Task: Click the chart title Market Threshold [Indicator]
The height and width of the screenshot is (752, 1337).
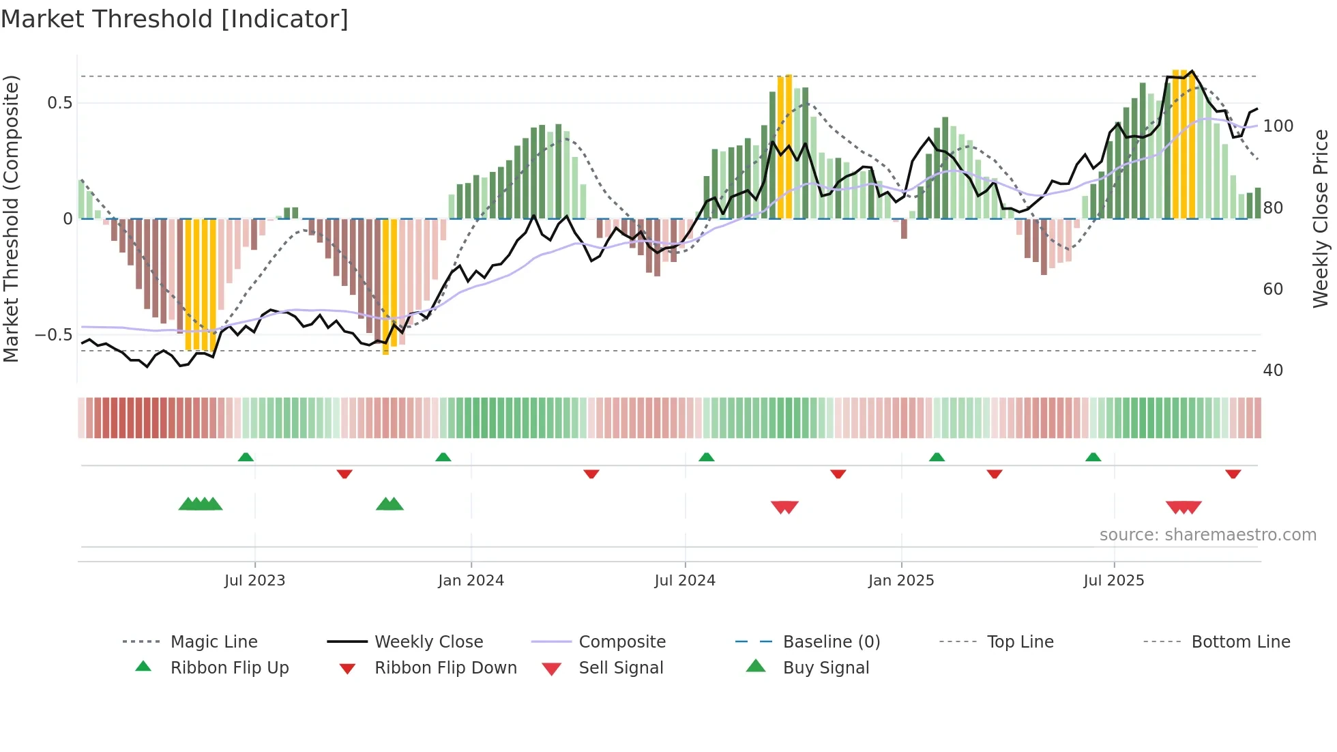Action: (175, 19)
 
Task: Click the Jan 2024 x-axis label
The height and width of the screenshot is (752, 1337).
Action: (471, 581)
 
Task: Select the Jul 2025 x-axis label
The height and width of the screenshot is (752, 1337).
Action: (1113, 581)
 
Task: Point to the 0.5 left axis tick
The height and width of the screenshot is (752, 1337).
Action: (59, 103)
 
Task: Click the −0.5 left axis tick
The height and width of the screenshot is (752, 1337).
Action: (54, 335)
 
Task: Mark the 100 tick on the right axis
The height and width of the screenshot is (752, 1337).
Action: (1278, 126)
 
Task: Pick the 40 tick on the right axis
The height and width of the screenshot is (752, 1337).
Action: (1273, 371)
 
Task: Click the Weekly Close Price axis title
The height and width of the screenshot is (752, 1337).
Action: (1321, 218)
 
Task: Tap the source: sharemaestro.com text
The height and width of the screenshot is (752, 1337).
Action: (1207, 535)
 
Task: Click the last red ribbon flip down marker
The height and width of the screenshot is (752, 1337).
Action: (1233, 474)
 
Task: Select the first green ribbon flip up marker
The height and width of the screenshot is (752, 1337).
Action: (246, 457)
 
